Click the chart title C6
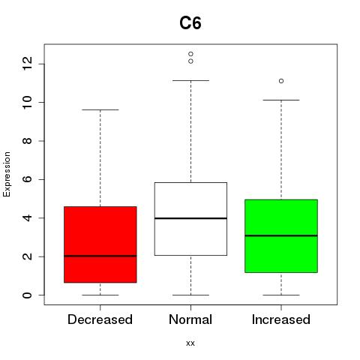coord(190,23)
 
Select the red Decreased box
coord(100,244)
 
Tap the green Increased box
coord(281,236)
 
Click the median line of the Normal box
coord(190,218)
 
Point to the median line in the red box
coord(100,256)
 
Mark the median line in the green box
coord(281,235)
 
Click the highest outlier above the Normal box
coord(190,54)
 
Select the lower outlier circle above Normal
coord(190,61)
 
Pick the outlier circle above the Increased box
coord(281,81)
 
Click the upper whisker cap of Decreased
coord(100,109)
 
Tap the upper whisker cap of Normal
coord(190,80)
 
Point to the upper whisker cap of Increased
coord(281,100)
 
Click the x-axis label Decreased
coord(100,319)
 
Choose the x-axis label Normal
coord(190,319)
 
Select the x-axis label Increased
coord(281,319)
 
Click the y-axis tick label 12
coord(27,64)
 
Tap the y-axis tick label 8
coord(27,141)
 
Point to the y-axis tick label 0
coord(27,295)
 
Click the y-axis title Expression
coord(7,174)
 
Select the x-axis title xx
coord(190,343)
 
